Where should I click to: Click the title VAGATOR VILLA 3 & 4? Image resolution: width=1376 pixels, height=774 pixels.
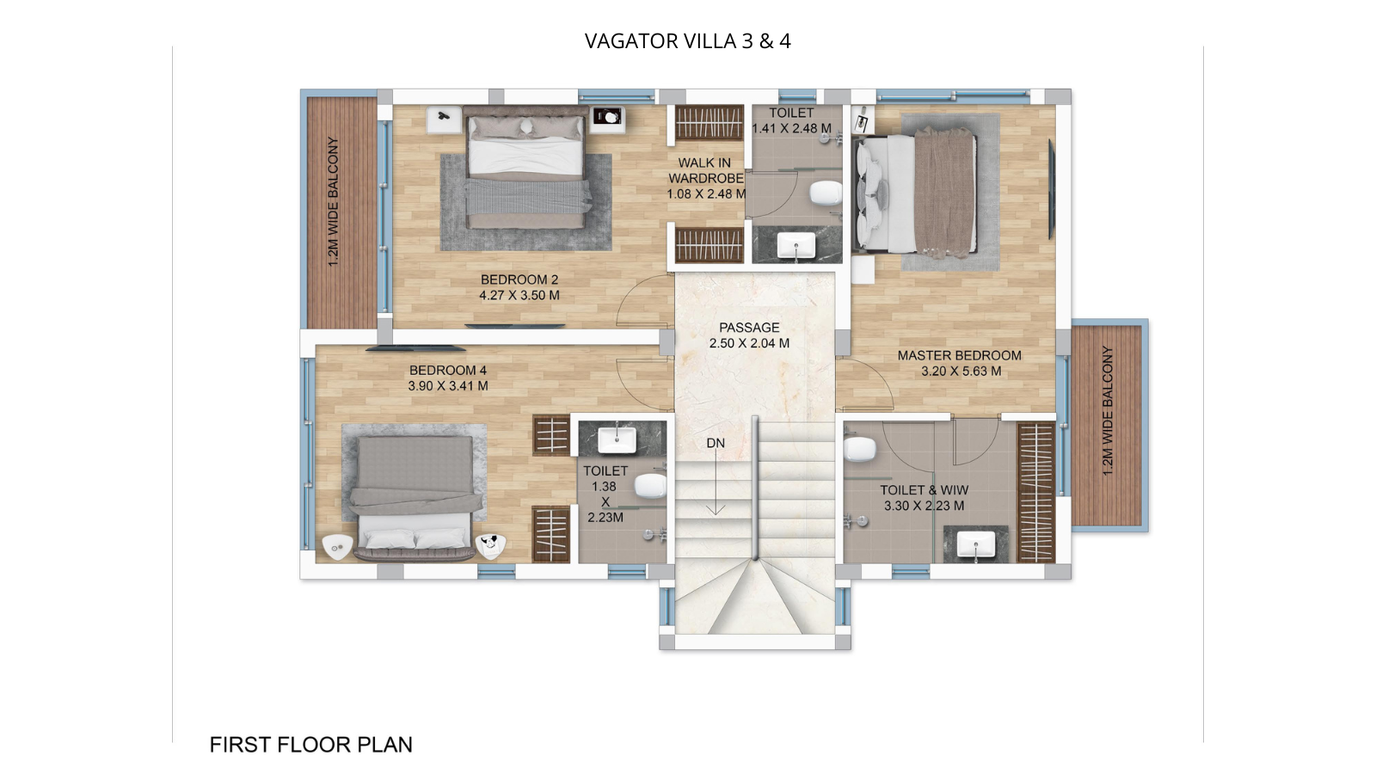click(687, 41)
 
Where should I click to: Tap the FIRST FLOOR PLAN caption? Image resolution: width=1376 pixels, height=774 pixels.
click(310, 744)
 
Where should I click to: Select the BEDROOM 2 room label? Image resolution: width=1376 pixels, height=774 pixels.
click(519, 279)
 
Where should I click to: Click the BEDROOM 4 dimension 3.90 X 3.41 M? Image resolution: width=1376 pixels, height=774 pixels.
click(447, 386)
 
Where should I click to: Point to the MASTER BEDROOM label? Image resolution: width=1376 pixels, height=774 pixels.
click(959, 355)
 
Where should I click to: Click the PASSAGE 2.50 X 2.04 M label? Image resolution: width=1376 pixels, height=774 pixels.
click(749, 335)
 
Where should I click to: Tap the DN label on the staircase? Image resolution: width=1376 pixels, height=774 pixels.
click(716, 443)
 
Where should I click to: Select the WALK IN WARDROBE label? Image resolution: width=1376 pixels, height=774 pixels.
click(705, 170)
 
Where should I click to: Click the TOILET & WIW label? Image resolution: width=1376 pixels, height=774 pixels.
click(924, 490)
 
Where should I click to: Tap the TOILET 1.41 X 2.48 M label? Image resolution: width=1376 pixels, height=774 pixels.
click(791, 120)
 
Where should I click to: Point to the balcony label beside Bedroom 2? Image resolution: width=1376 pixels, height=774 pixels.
click(334, 201)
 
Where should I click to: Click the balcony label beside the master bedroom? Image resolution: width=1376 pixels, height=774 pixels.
click(1108, 411)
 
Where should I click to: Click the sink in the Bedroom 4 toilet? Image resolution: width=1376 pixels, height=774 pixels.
click(617, 439)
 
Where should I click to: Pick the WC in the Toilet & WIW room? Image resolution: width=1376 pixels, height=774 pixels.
click(859, 448)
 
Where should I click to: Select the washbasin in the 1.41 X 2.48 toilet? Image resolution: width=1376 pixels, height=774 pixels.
click(796, 247)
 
